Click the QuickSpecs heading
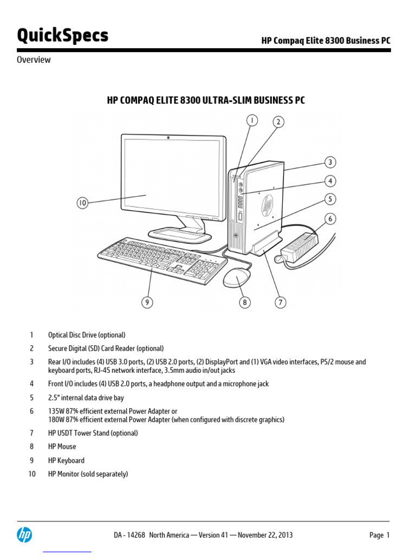(62, 36)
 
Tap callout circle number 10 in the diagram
(82, 203)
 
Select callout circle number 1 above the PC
(252, 121)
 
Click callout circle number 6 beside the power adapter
(330, 219)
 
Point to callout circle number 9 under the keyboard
(147, 302)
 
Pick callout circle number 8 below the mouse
(245, 302)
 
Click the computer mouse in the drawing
(237, 278)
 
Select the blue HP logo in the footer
(24, 534)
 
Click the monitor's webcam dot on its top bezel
(168, 138)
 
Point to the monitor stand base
(179, 235)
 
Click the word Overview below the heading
(34, 60)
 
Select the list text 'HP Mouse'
(62, 447)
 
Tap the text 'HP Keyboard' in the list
(66, 460)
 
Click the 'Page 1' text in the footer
(379, 535)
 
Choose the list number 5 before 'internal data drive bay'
(31, 397)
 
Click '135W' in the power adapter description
(56, 411)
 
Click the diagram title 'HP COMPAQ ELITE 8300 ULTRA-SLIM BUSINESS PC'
(205, 100)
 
